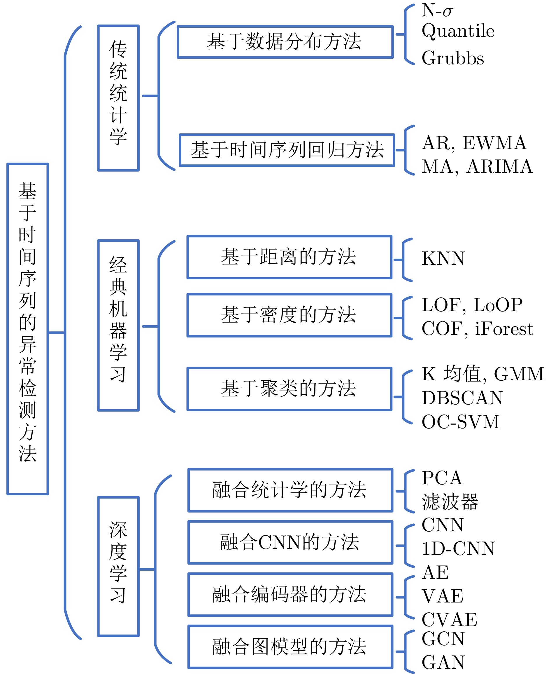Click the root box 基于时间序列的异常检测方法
click(28, 329)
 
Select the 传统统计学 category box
click(118, 98)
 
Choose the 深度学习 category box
click(118, 566)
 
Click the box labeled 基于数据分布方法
click(285, 42)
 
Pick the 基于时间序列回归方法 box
click(287, 150)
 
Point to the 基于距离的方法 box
click(289, 257)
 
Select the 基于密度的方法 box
click(289, 315)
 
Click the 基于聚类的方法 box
click(289, 389)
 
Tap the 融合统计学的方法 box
click(290, 490)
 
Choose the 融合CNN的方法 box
click(290, 542)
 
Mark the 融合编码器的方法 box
click(290, 595)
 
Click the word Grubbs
click(452, 58)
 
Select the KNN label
click(443, 258)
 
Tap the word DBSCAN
click(462, 398)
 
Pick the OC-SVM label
click(460, 422)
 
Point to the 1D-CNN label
click(458, 548)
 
